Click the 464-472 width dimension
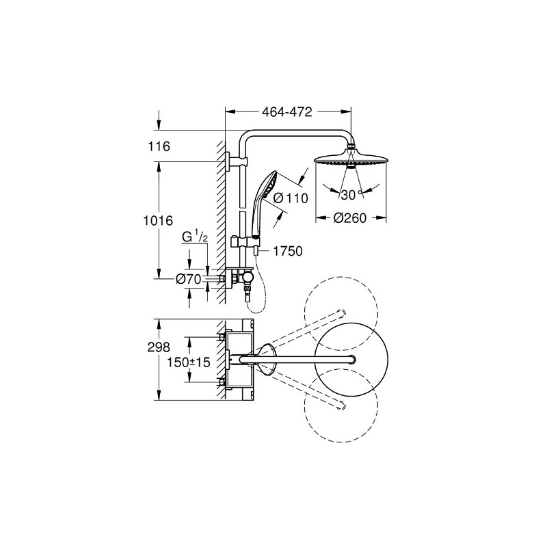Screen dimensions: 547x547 (x=286, y=112)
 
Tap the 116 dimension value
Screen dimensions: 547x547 (x=159, y=146)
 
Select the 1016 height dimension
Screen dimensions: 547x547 (x=158, y=220)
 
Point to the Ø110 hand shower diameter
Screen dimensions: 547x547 (x=291, y=198)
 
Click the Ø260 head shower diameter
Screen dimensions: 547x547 (x=349, y=218)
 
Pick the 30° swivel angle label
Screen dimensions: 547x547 (x=351, y=195)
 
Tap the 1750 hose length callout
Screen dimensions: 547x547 (x=287, y=251)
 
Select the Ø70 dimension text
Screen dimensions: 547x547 (x=189, y=279)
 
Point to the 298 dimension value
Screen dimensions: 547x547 (x=159, y=347)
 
